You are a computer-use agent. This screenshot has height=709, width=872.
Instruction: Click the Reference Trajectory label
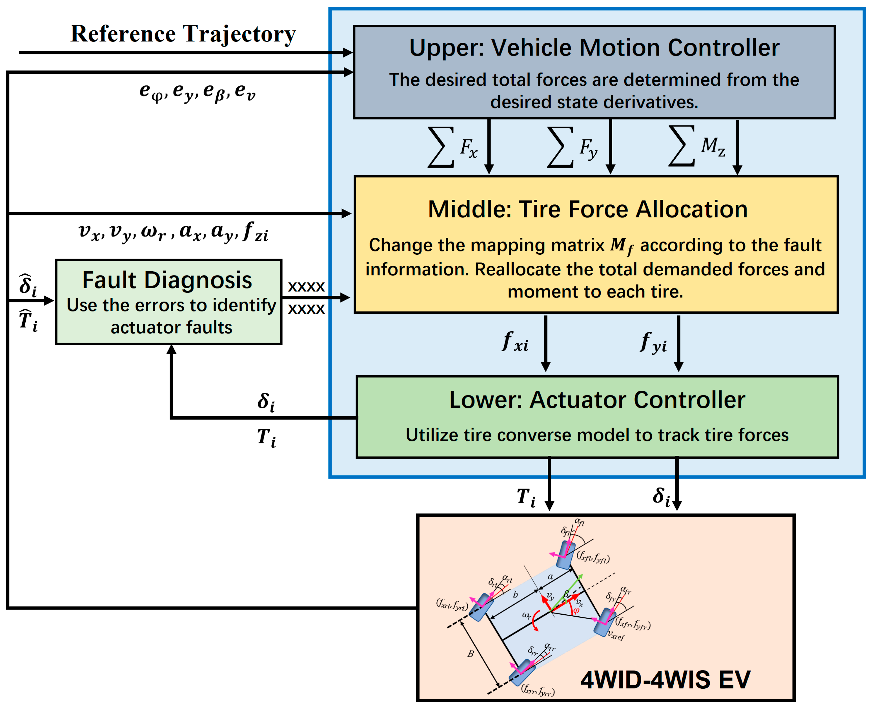click(x=183, y=34)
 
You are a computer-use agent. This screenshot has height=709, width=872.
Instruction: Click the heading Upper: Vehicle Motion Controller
click(x=594, y=48)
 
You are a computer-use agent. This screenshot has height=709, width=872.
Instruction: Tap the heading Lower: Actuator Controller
click(x=597, y=399)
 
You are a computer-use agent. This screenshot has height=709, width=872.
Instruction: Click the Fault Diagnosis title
click(x=167, y=280)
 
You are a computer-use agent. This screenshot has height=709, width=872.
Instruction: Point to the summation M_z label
click(x=697, y=146)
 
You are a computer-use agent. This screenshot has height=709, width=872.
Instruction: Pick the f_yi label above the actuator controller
click(x=653, y=342)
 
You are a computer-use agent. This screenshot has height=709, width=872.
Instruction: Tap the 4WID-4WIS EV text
click(x=665, y=680)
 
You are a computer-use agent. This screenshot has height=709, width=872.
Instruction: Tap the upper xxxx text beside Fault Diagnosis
click(x=306, y=286)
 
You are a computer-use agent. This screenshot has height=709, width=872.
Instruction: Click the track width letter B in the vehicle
click(x=471, y=654)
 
